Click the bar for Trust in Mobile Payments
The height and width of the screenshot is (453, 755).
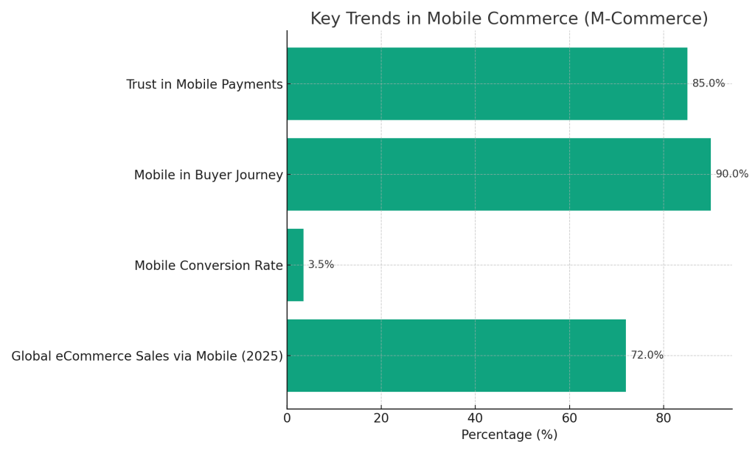click(487, 83)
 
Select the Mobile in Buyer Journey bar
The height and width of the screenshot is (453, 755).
click(498, 174)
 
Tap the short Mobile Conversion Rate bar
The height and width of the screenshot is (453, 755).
click(295, 265)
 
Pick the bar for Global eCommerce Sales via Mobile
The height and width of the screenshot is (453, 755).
click(456, 356)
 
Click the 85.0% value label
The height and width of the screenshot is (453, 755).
click(708, 83)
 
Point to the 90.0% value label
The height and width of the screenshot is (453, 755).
click(731, 174)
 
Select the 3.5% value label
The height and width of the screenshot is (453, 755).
click(321, 265)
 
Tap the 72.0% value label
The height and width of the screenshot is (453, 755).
click(647, 356)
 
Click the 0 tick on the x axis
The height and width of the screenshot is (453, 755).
click(287, 418)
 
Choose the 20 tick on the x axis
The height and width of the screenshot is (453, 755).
click(381, 418)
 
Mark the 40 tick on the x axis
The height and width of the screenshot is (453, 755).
click(475, 418)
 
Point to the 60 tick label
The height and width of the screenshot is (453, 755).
click(569, 418)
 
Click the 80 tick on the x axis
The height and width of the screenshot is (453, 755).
click(663, 418)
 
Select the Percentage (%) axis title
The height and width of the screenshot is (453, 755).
click(509, 435)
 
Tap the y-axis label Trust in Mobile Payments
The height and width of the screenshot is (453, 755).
click(204, 85)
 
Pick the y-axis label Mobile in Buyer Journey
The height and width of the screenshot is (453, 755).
click(208, 176)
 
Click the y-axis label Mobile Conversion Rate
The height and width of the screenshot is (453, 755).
click(208, 266)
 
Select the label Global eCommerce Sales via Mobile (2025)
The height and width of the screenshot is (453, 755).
click(147, 356)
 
